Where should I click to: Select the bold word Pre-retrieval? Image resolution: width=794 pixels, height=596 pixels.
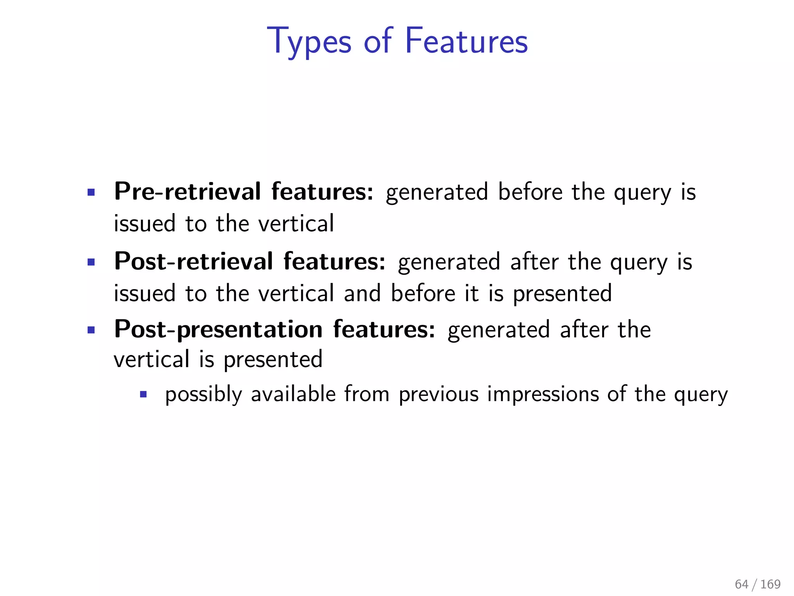[x=188, y=192]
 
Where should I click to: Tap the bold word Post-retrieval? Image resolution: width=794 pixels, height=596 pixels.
[x=194, y=261]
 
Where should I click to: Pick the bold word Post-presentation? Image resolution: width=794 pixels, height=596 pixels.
[x=218, y=329]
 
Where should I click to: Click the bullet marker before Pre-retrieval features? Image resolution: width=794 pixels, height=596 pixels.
[x=91, y=192]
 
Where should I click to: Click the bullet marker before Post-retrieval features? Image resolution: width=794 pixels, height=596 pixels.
[x=91, y=262]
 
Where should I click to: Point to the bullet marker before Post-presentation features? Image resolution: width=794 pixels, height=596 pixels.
[x=91, y=331]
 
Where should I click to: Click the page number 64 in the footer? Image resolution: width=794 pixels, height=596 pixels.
[x=741, y=584]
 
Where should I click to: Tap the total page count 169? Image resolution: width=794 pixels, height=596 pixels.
[x=770, y=584]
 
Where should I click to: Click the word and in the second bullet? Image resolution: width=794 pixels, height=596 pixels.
[x=362, y=293]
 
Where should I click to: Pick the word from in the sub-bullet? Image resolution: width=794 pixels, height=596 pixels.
[x=367, y=394]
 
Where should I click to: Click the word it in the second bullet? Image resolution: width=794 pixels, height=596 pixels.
[x=471, y=293]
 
